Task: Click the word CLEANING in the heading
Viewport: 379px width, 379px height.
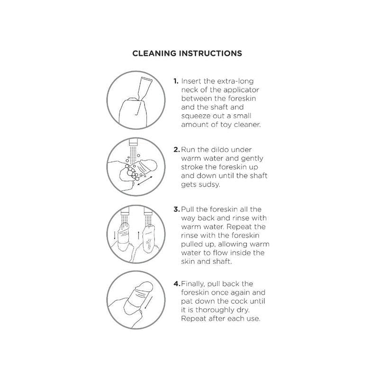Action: pyautogui.click(x=154, y=53)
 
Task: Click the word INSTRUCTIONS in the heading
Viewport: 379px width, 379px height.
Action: pyautogui.click(x=210, y=53)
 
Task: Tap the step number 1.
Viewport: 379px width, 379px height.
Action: pyautogui.click(x=176, y=81)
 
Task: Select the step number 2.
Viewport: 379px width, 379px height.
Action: pyautogui.click(x=177, y=150)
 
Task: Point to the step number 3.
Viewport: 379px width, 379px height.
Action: pyautogui.click(x=177, y=209)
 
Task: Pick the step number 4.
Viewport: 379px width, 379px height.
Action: pyautogui.click(x=177, y=284)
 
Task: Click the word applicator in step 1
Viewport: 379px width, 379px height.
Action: pyautogui.click(x=241, y=90)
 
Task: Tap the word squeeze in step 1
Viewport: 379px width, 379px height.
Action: pyautogui.click(x=196, y=117)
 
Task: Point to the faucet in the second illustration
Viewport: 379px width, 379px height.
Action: pyautogui.click(x=133, y=142)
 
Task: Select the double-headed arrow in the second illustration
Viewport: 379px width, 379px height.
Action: pyautogui.click(x=145, y=181)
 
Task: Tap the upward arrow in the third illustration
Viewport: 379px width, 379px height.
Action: pyautogui.click(x=138, y=235)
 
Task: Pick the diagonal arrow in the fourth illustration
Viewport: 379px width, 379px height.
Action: pyautogui.click(x=149, y=302)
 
